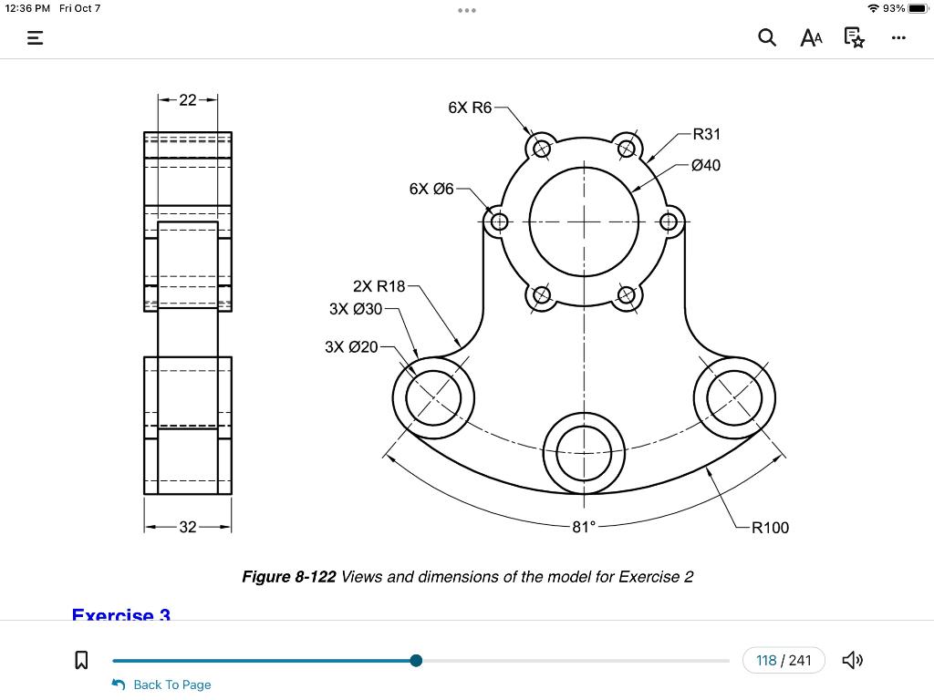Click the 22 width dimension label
click(187, 100)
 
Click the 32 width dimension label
click(187, 527)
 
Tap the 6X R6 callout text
click(470, 108)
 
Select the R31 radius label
click(706, 134)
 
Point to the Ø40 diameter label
click(705, 165)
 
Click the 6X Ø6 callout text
click(431, 189)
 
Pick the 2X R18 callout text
click(379, 286)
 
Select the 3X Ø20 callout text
click(351, 347)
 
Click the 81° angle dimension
click(584, 527)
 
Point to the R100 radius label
click(770, 527)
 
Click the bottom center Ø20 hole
click(584, 452)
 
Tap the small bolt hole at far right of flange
click(669, 221)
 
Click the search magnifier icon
click(767, 37)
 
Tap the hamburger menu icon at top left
click(35, 38)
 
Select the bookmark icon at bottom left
click(80, 660)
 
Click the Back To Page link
click(171, 685)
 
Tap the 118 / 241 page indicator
click(784, 660)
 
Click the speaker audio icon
click(852, 660)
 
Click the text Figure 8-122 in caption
click(288, 577)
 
